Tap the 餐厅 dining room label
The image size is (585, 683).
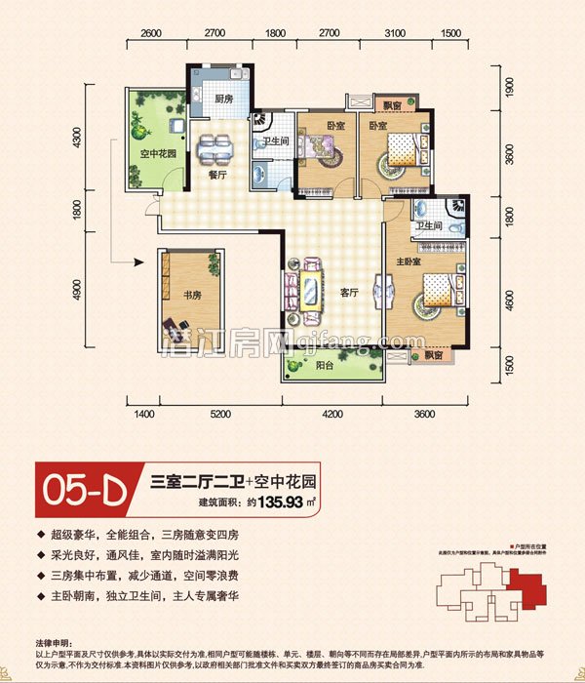[x=217, y=174]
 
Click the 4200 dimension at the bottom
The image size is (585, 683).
[x=332, y=415]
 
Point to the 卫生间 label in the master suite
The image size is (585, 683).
[x=430, y=225]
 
